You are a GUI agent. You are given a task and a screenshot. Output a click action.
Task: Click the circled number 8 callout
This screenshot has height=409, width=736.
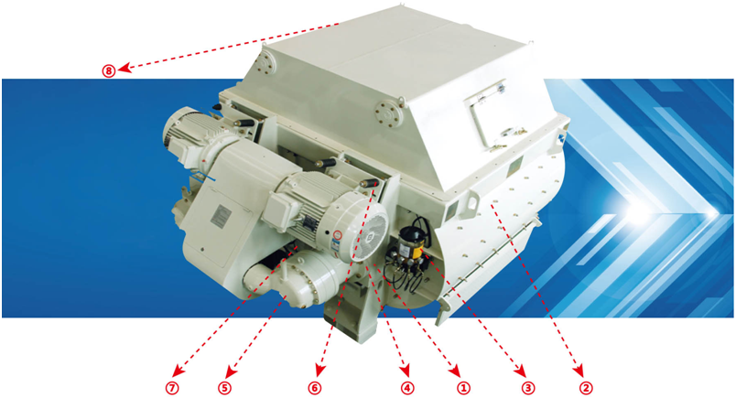coord(108,70)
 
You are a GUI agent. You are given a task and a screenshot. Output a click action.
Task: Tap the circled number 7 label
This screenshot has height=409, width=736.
coord(172,388)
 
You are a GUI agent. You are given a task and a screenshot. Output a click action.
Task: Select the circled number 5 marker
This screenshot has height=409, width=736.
coord(224,388)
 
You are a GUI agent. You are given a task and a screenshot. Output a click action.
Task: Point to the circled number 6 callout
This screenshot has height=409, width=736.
coord(315,388)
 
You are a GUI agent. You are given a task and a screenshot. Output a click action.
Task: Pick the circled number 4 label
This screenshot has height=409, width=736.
coord(407,388)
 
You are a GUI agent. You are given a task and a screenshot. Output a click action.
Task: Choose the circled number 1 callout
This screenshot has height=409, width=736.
coord(463,388)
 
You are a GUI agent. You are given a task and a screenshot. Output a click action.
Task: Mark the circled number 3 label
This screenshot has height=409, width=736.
coord(528,388)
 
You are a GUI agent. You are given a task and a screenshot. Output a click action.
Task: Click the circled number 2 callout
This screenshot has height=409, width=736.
coord(586,388)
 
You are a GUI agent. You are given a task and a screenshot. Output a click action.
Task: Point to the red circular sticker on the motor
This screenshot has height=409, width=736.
coord(337,235)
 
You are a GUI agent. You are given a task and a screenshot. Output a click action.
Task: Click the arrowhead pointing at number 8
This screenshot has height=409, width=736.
coord(124,69)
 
